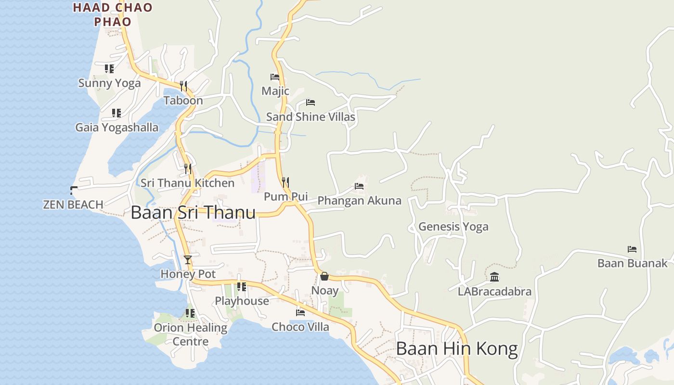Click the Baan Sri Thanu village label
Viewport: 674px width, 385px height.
193,212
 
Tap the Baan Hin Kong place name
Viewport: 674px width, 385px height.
456,348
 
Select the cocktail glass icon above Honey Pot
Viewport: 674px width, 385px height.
188,260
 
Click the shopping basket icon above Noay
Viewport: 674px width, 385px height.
324,276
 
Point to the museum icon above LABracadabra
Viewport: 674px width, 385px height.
494,277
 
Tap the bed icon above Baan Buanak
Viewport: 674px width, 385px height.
632,249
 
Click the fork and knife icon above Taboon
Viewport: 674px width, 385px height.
183,86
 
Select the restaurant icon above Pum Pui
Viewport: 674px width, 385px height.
285,182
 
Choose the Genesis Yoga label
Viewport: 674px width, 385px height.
453,226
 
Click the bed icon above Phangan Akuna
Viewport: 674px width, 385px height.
359,186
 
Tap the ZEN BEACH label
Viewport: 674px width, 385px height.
73,205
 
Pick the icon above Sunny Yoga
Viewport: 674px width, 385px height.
109,69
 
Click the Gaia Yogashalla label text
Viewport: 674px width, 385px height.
117,128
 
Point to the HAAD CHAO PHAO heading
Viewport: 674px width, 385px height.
113,14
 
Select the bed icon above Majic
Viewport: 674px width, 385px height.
275,77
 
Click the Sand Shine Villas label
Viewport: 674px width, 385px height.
311,117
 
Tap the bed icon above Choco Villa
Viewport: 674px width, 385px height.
300,312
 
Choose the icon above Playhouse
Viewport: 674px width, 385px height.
242,287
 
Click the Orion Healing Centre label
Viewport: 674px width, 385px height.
191,334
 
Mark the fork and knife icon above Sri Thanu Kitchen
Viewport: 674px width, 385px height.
188,168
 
